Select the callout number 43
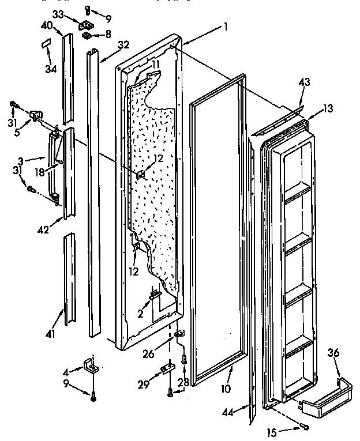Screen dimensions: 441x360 point(303,82)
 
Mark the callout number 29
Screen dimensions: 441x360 point(142,383)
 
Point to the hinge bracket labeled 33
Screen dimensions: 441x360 point(87,25)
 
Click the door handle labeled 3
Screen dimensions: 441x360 point(54,167)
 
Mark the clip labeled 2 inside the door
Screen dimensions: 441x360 point(154,294)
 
